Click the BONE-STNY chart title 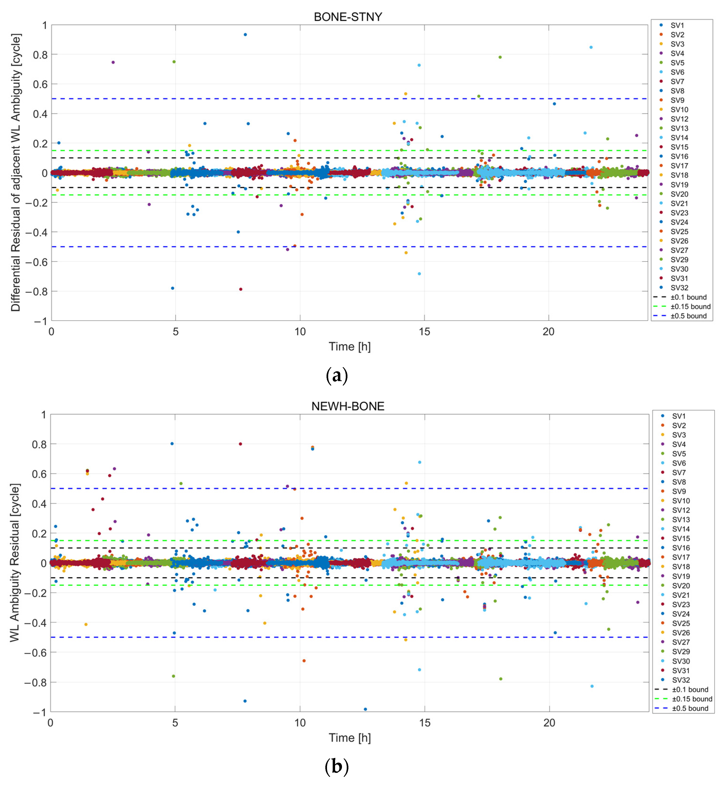[x=348, y=17]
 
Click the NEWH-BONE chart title [x=348, y=406]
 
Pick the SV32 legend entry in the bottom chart [x=681, y=680]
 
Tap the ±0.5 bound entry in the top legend [x=688, y=316]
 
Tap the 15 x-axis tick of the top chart [x=424, y=332]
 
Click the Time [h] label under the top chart [x=349, y=346]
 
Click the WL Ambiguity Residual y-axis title [x=15, y=563]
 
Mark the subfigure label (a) [x=336, y=375]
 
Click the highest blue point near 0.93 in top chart [x=245, y=35]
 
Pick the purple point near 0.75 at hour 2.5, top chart [x=113, y=62]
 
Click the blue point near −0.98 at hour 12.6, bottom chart [x=365, y=709]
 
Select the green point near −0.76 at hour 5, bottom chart [x=173, y=676]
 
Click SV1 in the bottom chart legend [x=679, y=416]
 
